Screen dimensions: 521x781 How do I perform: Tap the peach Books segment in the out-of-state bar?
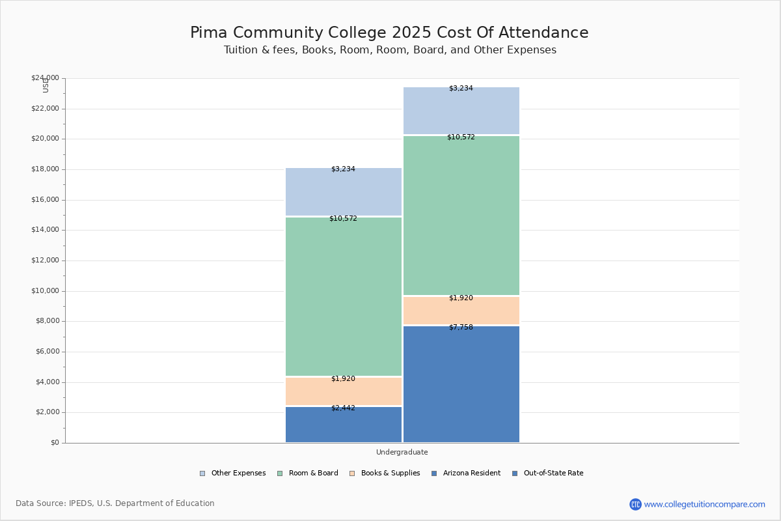[461, 311]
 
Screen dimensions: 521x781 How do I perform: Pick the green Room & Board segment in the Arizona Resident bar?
[343, 296]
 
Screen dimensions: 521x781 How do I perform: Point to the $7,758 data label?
[461, 328]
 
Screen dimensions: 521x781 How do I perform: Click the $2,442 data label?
[343, 408]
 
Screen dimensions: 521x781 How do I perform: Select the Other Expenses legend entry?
[232, 473]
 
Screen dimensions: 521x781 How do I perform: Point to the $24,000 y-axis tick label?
[45, 78]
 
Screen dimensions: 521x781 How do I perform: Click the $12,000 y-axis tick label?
[45, 260]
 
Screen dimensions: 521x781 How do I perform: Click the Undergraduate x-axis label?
[402, 452]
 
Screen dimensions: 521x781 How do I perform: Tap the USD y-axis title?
[46, 85]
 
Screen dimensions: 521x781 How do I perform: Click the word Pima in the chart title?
[209, 33]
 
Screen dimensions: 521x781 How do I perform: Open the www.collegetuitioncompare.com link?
[704, 504]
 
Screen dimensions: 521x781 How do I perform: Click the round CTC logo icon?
[635, 504]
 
